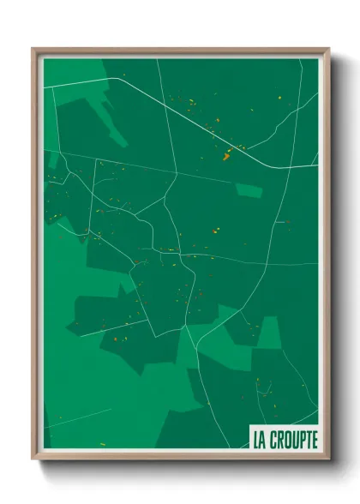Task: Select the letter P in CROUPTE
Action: [299, 440]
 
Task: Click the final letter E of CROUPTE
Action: [314, 440]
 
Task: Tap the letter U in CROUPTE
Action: [292, 440]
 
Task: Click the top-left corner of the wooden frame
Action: [33, 49]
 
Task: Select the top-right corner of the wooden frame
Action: [329, 49]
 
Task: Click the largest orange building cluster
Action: [227, 155]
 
